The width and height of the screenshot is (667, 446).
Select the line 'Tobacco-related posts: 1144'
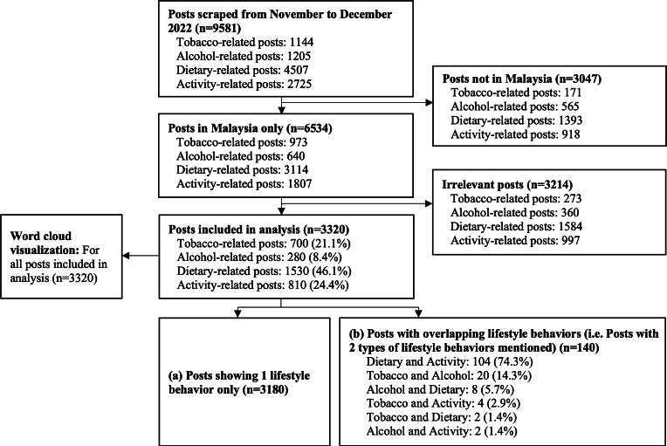pyautogui.click(x=237, y=42)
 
